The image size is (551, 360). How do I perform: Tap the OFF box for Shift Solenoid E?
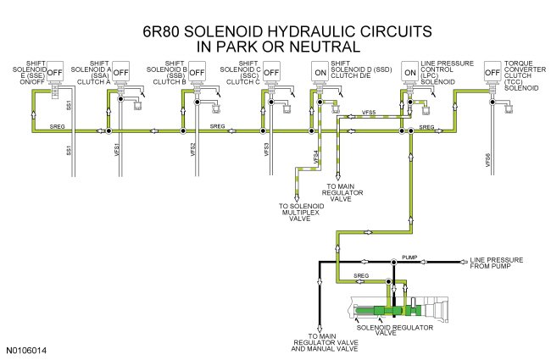pyautogui.click(x=56, y=72)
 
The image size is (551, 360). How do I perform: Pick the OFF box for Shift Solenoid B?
pyautogui.click(x=197, y=72)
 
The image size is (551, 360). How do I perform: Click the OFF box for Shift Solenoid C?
pyautogui.click(x=271, y=72)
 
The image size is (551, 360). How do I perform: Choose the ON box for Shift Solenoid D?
pyautogui.click(x=320, y=72)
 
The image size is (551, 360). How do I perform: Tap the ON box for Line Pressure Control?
pyautogui.click(x=410, y=72)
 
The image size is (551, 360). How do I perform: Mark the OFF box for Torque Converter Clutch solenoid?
pyautogui.click(x=492, y=72)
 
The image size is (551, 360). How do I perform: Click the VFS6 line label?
pyautogui.click(x=487, y=161)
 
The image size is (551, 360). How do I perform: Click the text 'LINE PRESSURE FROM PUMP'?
pyautogui.click(x=504, y=263)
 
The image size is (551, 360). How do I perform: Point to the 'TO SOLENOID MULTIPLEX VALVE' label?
pyautogui.click(x=301, y=212)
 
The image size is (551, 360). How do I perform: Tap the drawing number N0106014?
pyautogui.click(x=26, y=349)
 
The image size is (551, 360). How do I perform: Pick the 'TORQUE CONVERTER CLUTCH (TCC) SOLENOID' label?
pyautogui.click(x=524, y=76)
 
